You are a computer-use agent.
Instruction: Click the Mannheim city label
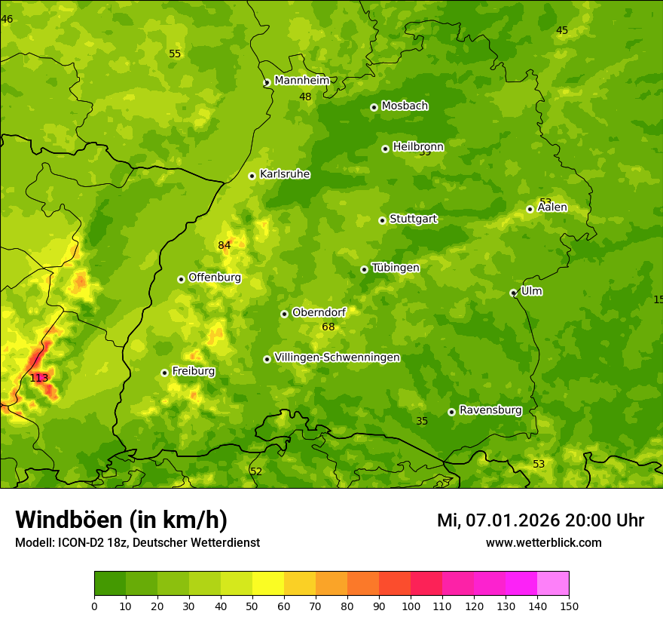point(302,81)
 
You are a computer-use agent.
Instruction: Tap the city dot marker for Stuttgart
point(382,220)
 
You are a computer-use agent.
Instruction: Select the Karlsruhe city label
point(285,174)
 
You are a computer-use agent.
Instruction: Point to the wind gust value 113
point(38,378)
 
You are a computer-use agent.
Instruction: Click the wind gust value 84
point(225,245)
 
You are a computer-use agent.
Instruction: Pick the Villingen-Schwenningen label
point(337,357)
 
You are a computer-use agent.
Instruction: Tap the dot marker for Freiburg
point(164,373)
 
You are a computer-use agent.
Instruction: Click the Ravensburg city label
point(490,410)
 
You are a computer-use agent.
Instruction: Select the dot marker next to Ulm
point(513,293)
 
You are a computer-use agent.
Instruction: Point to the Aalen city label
point(552,207)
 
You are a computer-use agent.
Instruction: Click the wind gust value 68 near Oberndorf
point(328,327)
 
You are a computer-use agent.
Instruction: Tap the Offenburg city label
point(215,278)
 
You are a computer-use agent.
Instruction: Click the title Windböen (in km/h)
point(121,520)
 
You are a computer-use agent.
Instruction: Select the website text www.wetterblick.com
point(543,542)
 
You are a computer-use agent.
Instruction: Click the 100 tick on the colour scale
point(411,605)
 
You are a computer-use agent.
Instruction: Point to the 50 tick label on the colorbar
point(252,605)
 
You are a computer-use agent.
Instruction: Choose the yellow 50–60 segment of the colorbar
point(268,584)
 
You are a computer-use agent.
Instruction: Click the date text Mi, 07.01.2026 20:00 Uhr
point(540,520)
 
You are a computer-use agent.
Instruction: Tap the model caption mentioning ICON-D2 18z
point(137,542)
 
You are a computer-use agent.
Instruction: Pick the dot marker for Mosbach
point(374,107)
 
